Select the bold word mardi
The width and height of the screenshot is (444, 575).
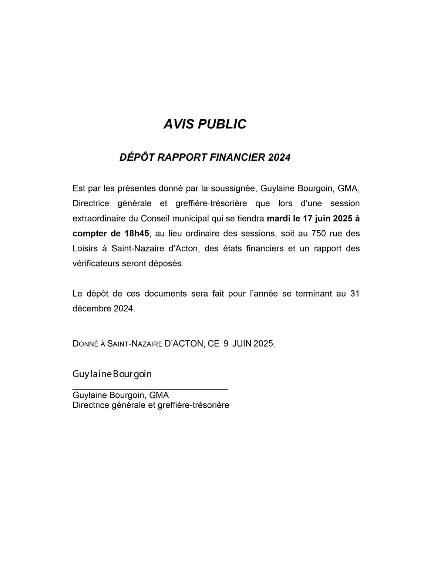(277, 218)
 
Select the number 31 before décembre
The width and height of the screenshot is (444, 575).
(354, 294)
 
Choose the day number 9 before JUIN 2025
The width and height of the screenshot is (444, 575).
(226, 344)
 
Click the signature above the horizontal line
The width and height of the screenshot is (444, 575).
(112, 374)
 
